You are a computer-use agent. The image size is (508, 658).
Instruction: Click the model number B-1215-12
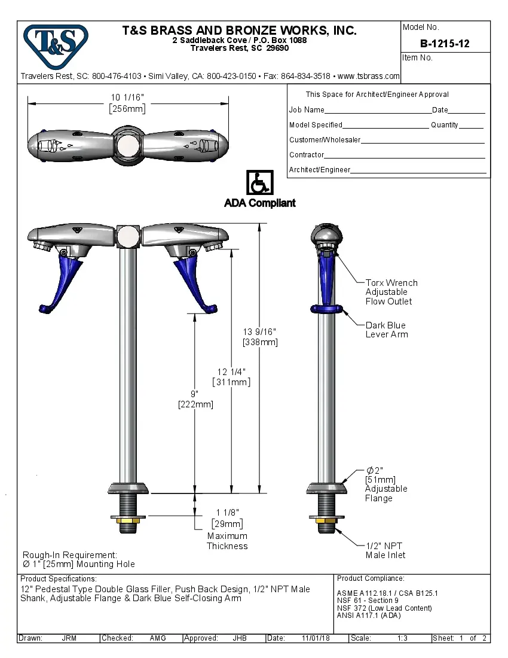pos(445,44)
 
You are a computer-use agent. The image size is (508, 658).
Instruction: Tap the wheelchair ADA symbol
pos(259,182)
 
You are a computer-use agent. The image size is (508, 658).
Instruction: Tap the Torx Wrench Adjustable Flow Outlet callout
pos(391,292)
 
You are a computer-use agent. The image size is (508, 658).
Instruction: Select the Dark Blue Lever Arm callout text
pos(387,330)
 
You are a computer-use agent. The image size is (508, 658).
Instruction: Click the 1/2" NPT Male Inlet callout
pos(385,550)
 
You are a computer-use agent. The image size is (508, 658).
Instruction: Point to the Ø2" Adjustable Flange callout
pos(385,484)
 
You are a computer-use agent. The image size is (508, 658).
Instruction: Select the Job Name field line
pos(377,111)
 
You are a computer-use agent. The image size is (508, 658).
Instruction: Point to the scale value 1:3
pos(402,638)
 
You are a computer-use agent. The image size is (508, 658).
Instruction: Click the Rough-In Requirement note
pos(78,559)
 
